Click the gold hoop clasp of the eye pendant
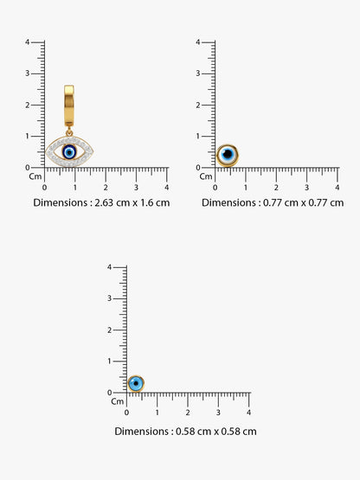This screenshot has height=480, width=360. [69, 106]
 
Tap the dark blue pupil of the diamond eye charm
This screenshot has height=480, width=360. [69, 152]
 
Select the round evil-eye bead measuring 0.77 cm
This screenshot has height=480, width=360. [228, 155]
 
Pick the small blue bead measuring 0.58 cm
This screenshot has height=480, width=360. [136, 384]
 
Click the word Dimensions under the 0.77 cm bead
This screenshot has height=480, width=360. [228, 202]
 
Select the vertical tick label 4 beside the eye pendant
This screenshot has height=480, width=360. [28, 42]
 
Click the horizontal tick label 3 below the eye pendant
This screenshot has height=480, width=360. [136, 188]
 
